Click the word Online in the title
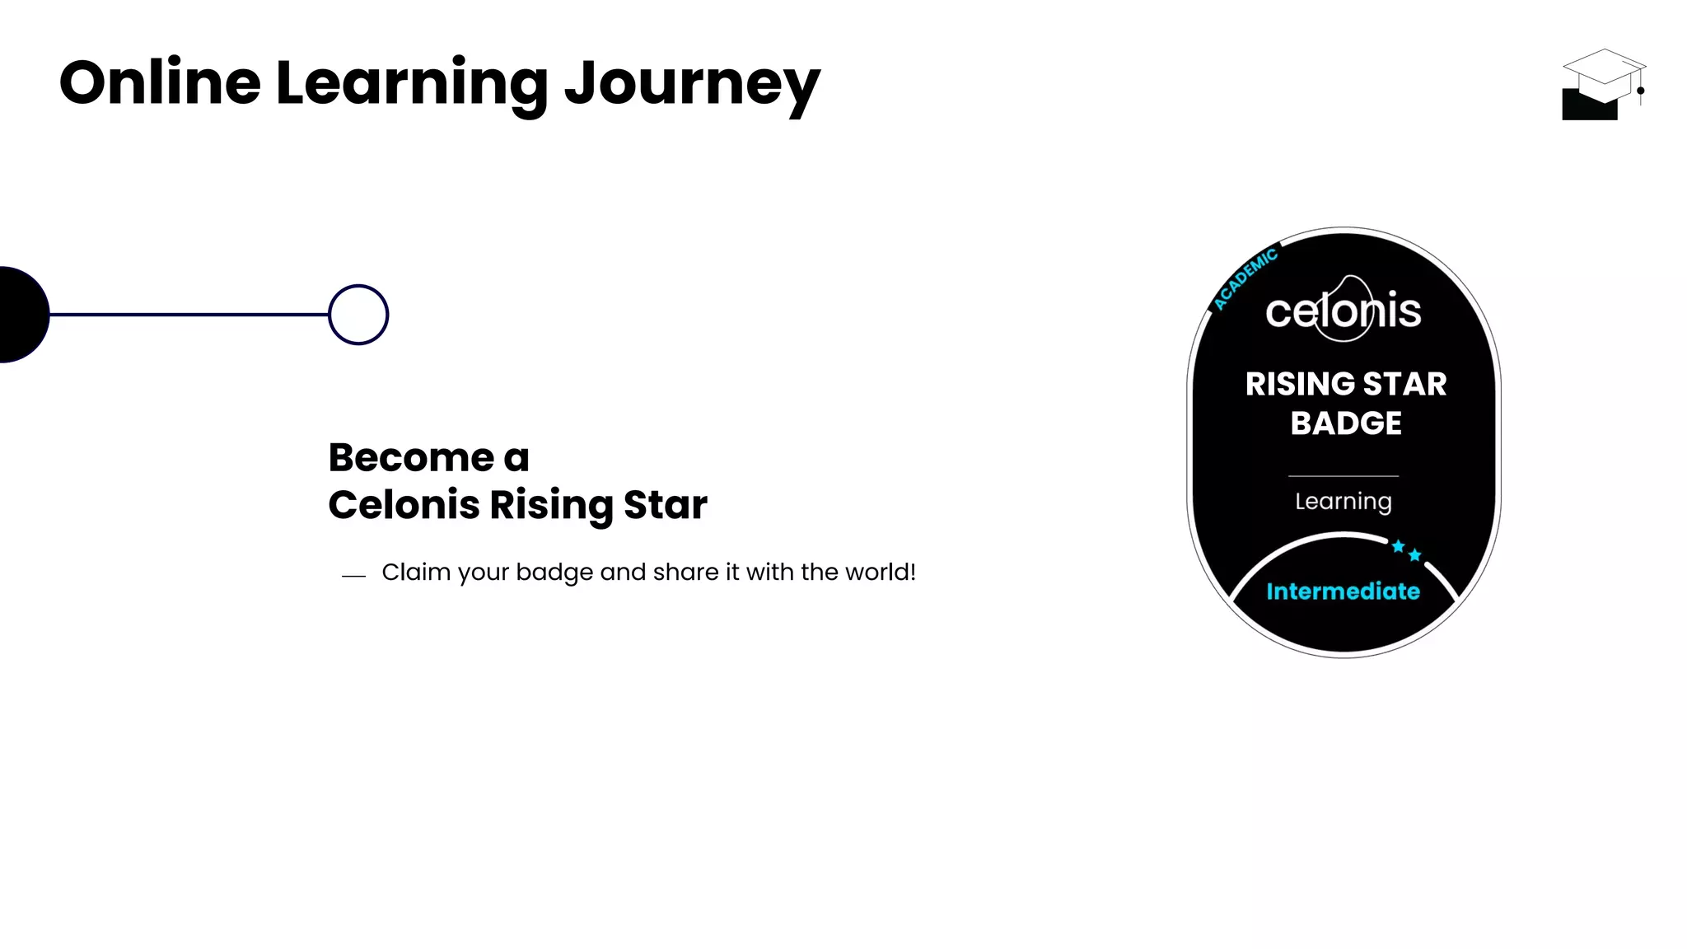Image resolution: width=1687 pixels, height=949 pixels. (160, 83)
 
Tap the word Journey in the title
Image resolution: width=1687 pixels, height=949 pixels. (692, 85)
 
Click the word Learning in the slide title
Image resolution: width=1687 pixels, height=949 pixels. (411, 85)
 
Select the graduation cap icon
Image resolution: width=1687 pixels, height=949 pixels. (1602, 84)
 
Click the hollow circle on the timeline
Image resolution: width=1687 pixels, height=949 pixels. (358, 315)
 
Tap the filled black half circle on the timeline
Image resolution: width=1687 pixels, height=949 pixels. (21, 315)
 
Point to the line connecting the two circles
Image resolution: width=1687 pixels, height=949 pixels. (189, 314)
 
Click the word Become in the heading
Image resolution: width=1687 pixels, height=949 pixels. (411, 457)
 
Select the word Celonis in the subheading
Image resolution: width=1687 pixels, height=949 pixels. (403, 504)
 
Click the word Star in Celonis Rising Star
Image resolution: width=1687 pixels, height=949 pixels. (665, 504)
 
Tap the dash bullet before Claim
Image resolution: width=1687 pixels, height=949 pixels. (353, 576)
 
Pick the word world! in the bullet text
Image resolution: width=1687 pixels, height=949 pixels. (882, 572)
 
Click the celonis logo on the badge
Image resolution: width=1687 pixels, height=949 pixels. (1344, 311)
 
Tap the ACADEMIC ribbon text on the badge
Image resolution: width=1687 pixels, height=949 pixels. (1245, 278)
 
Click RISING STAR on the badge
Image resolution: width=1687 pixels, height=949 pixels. (1345, 384)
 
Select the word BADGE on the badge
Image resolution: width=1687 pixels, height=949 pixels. (1345, 423)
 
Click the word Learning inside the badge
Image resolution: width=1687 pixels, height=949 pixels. (1343, 502)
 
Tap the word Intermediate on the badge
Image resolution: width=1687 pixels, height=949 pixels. (1343, 591)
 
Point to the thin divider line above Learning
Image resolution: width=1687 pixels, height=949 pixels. (1343, 476)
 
